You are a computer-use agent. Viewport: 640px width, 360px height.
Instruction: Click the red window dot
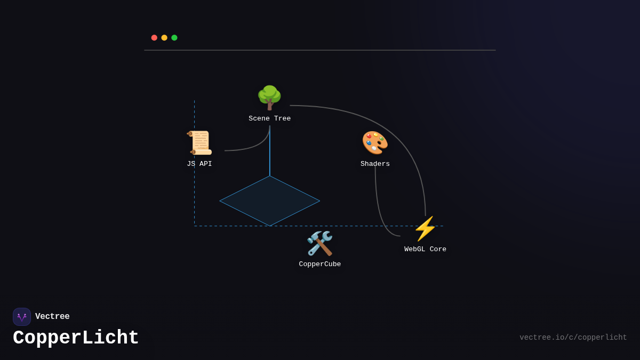154,38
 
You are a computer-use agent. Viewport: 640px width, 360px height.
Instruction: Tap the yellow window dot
164,38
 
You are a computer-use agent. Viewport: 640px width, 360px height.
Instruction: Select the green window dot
174,38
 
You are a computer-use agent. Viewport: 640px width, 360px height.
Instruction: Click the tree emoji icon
269,98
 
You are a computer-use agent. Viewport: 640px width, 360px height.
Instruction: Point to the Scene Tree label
269,119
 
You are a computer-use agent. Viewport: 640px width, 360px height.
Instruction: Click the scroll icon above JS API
199,143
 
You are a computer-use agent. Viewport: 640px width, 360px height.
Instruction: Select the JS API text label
199,164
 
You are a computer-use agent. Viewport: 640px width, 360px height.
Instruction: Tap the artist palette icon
375,143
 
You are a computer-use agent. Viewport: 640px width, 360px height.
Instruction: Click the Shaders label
375,164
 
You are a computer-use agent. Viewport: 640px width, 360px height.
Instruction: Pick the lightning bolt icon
425,228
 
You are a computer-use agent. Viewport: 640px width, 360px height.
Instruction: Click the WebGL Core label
425,250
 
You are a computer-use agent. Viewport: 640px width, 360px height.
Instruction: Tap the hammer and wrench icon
319,243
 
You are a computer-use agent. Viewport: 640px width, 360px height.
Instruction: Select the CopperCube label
319,265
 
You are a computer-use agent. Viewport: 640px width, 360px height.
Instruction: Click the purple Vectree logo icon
22,317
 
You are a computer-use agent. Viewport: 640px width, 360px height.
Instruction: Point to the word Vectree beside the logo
52,317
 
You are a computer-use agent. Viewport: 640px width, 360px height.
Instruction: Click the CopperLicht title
76,338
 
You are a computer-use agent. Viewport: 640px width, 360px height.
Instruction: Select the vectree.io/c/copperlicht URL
573,338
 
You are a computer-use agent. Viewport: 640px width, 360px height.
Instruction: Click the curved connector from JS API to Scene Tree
257,146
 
